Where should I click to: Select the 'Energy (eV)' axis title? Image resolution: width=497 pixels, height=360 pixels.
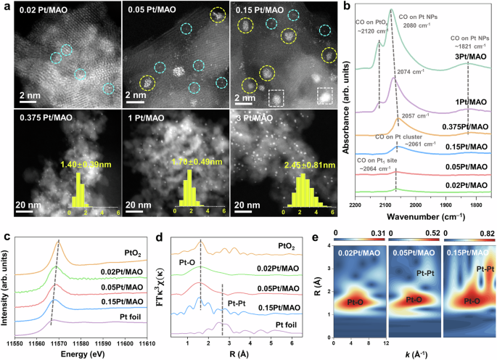[x=81, y=353]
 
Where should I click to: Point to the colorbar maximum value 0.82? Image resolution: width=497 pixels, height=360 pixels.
[x=482, y=234]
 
